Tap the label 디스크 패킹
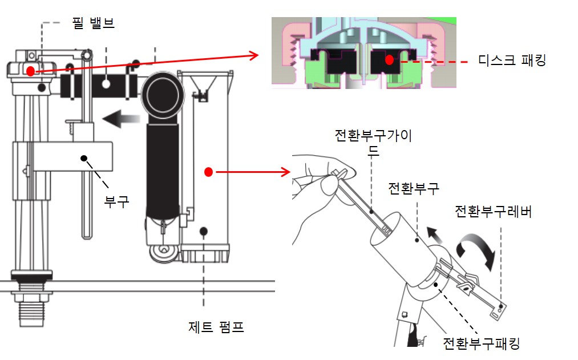[511, 60]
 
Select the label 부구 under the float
[116, 200]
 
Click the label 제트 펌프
[216, 327]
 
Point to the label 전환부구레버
[493, 212]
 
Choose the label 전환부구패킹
[482, 343]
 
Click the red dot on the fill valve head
[30, 70]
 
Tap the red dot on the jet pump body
[209, 171]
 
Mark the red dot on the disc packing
[389, 59]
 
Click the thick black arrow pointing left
[121, 119]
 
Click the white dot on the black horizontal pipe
[106, 84]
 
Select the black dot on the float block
[84, 157]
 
